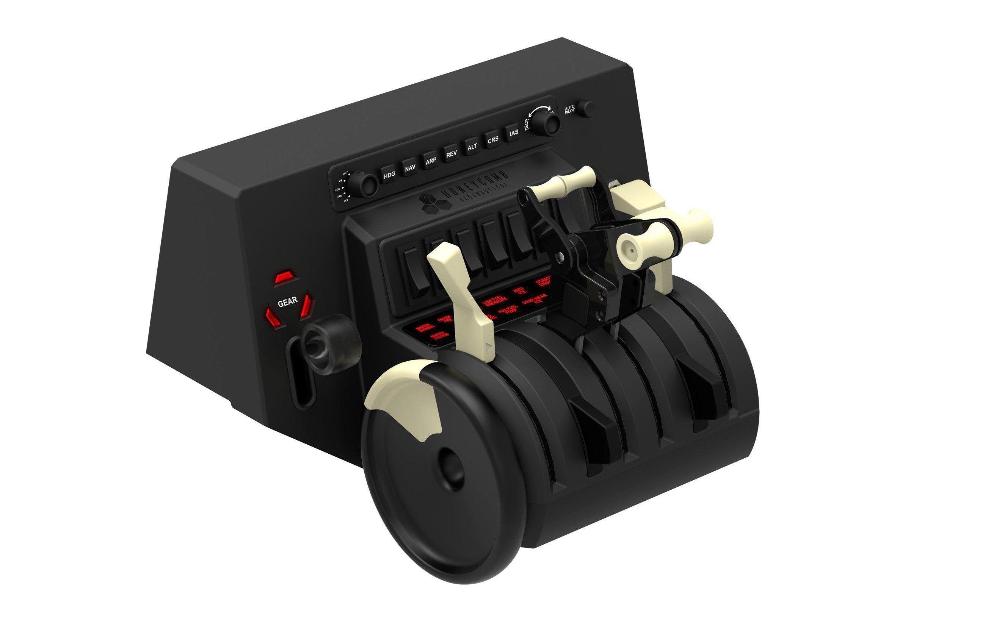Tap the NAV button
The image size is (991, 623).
pyautogui.click(x=409, y=168)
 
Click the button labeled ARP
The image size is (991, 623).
pyautogui.click(x=430, y=161)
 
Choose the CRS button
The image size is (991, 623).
pyautogui.click(x=493, y=140)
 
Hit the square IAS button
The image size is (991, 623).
pyautogui.click(x=514, y=133)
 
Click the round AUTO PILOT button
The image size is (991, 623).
pyautogui.click(x=586, y=109)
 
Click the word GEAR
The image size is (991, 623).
pyautogui.click(x=287, y=302)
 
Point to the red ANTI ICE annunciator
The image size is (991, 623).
pyautogui.click(x=520, y=291)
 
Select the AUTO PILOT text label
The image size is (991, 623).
pyautogui.click(x=569, y=109)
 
